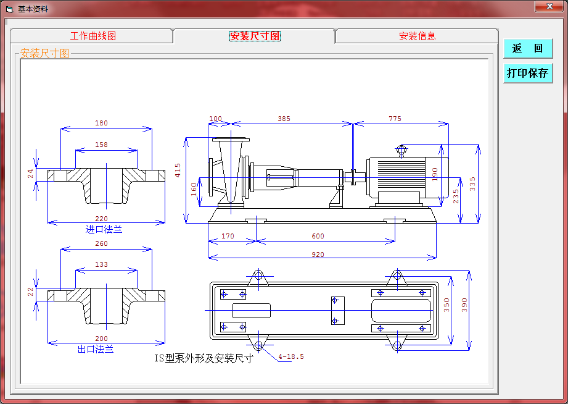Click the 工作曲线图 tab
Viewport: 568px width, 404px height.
click(x=93, y=36)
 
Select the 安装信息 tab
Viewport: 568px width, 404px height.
click(x=417, y=36)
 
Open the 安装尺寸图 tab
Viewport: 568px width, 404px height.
click(x=255, y=36)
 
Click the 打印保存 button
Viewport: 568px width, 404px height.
click(x=527, y=73)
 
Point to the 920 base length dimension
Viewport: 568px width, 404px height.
click(x=318, y=254)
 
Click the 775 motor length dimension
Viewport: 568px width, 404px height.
click(x=395, y=119)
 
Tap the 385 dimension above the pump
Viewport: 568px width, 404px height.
click(x=284, y=119)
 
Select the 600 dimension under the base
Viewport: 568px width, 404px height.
click(x=318, y=236)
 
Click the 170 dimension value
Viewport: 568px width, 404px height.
click(x=228, y=236)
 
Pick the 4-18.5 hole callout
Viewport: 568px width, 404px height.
click(x=291, y=356)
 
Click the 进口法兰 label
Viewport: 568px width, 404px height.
click(x=104, y=229)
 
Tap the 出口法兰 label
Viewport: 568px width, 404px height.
click(x=96, y=349)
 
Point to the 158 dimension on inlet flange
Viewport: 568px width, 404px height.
click(x=101, y=145)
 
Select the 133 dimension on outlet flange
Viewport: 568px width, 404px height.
click(x=101, y=264)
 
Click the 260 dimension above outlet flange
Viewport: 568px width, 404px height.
click(x=101, y=243)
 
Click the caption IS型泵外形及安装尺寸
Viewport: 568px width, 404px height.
click(x=204, y=358)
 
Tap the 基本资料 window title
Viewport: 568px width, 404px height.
click(x=33, y=9)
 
